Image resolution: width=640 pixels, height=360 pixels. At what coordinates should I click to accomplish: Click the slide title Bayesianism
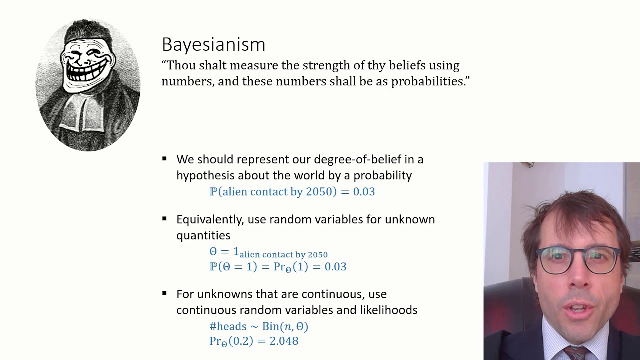point(213,44)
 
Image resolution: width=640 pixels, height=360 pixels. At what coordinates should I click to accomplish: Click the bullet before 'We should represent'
point(164,159)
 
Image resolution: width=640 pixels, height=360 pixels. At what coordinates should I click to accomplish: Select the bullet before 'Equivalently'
point(164,219)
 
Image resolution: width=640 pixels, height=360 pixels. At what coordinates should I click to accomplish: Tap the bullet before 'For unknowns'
point(164,294)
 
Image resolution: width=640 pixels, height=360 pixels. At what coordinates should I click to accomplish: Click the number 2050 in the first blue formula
point(318,192)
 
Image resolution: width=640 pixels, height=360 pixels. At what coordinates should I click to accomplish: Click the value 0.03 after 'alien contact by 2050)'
point(364,192)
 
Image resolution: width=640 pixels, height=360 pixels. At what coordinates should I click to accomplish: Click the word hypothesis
point(205,175)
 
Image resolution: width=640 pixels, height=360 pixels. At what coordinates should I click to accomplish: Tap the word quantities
point(203,235)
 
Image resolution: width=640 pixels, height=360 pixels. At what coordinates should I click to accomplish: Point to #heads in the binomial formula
point(228,326)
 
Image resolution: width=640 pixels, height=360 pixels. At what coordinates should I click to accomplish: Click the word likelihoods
point(388,310)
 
